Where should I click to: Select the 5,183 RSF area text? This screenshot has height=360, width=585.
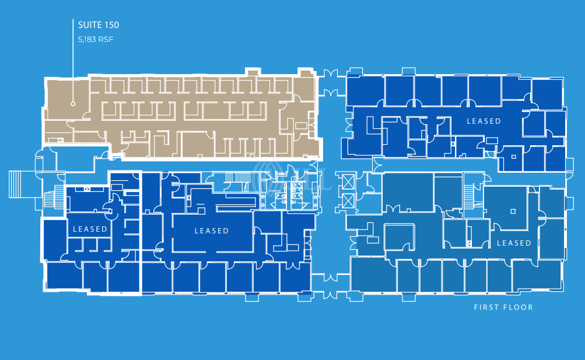pyautogui.click(x=95, y=40)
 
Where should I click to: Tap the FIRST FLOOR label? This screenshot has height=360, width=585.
pyautogui.click(x=503, y=307)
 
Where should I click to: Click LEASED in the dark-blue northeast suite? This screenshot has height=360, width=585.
pyautogui.click(x=484, y=121)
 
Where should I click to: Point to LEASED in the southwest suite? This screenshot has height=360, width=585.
pyautogui.click(x=90, y=229)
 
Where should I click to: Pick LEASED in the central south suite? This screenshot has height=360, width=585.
pyautogui.click(x=211, y=231)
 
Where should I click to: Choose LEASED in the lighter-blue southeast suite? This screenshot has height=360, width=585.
pyautogui.click(x=513, y=243)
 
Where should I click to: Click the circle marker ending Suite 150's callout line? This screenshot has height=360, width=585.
pyautogui.click(x=73, y=104)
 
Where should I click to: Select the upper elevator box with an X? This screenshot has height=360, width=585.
pyautogui.click(x=348, y=181)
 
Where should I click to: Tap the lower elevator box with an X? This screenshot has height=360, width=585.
pyautogui.click(x=348, y=201)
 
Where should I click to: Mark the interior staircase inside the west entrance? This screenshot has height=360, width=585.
pyautogui.click(x=54, y=197)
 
